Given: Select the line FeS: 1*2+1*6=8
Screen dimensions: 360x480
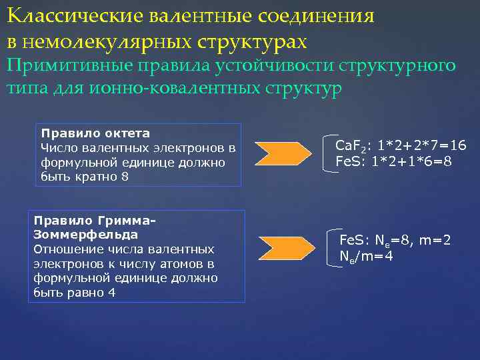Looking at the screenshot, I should (397, 161).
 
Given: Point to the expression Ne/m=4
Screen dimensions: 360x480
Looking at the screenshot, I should (366, 256).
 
